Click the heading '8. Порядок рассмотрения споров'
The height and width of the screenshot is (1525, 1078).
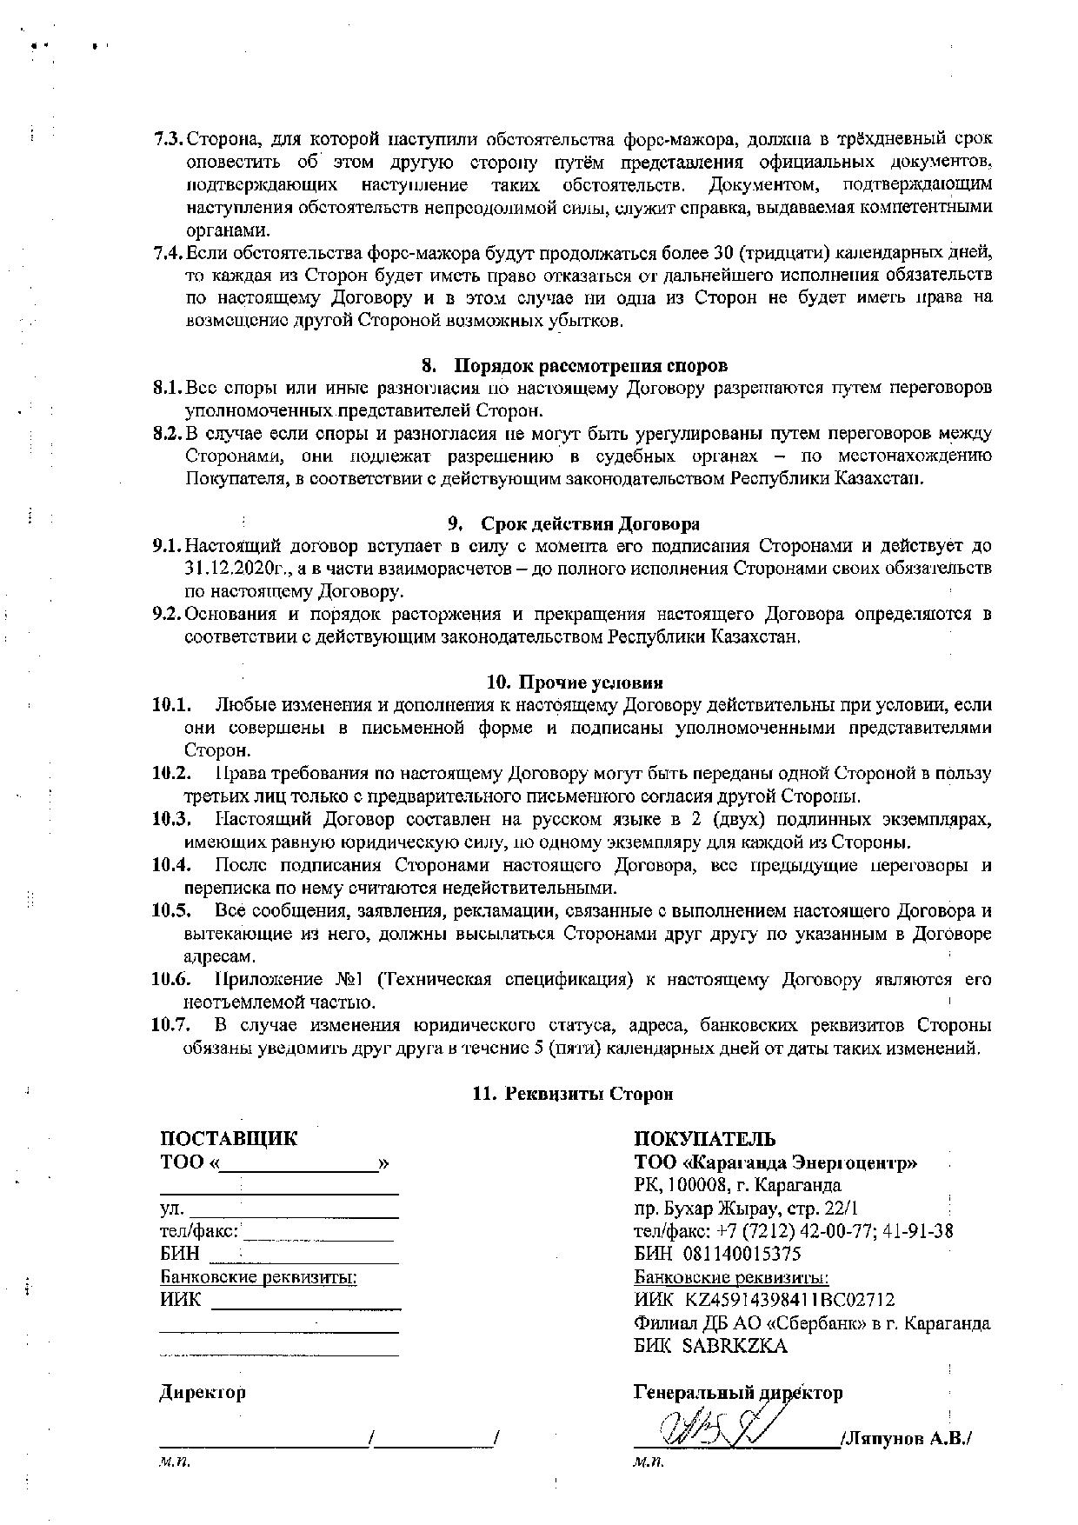[x=574, y=365]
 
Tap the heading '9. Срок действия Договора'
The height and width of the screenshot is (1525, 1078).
[x=574, y=524]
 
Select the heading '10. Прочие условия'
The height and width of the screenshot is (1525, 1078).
[x=574, y=682]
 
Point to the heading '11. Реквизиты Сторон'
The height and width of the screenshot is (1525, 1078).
[x=573, y=1094]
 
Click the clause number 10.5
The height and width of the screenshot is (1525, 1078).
[x=171, y=911]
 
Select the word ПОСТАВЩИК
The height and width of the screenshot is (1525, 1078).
[x=229, y=1139]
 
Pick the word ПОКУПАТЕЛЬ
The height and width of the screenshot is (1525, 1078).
[x=705, y=1139]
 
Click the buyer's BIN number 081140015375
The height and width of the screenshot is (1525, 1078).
[x=742, y=1254]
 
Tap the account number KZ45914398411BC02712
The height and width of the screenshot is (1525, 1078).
[x=789, y=1300]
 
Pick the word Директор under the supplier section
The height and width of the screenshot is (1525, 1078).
[x=203, y=1392]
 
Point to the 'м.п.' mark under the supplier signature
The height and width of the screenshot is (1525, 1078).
[x=174, y=1462]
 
